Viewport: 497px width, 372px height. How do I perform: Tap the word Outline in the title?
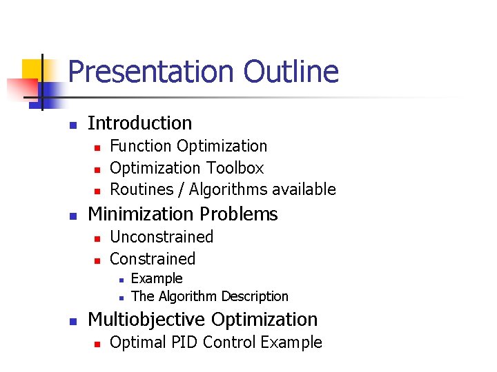[291, 72]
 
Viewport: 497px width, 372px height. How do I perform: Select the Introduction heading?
[140, 123]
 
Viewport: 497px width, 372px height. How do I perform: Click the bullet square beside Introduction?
[72, 125]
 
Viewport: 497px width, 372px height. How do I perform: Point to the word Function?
[141, 146]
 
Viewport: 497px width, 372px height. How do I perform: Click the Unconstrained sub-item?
[162, 237]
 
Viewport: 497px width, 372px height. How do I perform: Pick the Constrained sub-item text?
[153, 259]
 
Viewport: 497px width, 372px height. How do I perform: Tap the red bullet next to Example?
[120, 280]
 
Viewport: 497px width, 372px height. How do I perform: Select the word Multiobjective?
[147, 320]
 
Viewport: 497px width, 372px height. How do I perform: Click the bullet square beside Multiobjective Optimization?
[72, 321]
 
